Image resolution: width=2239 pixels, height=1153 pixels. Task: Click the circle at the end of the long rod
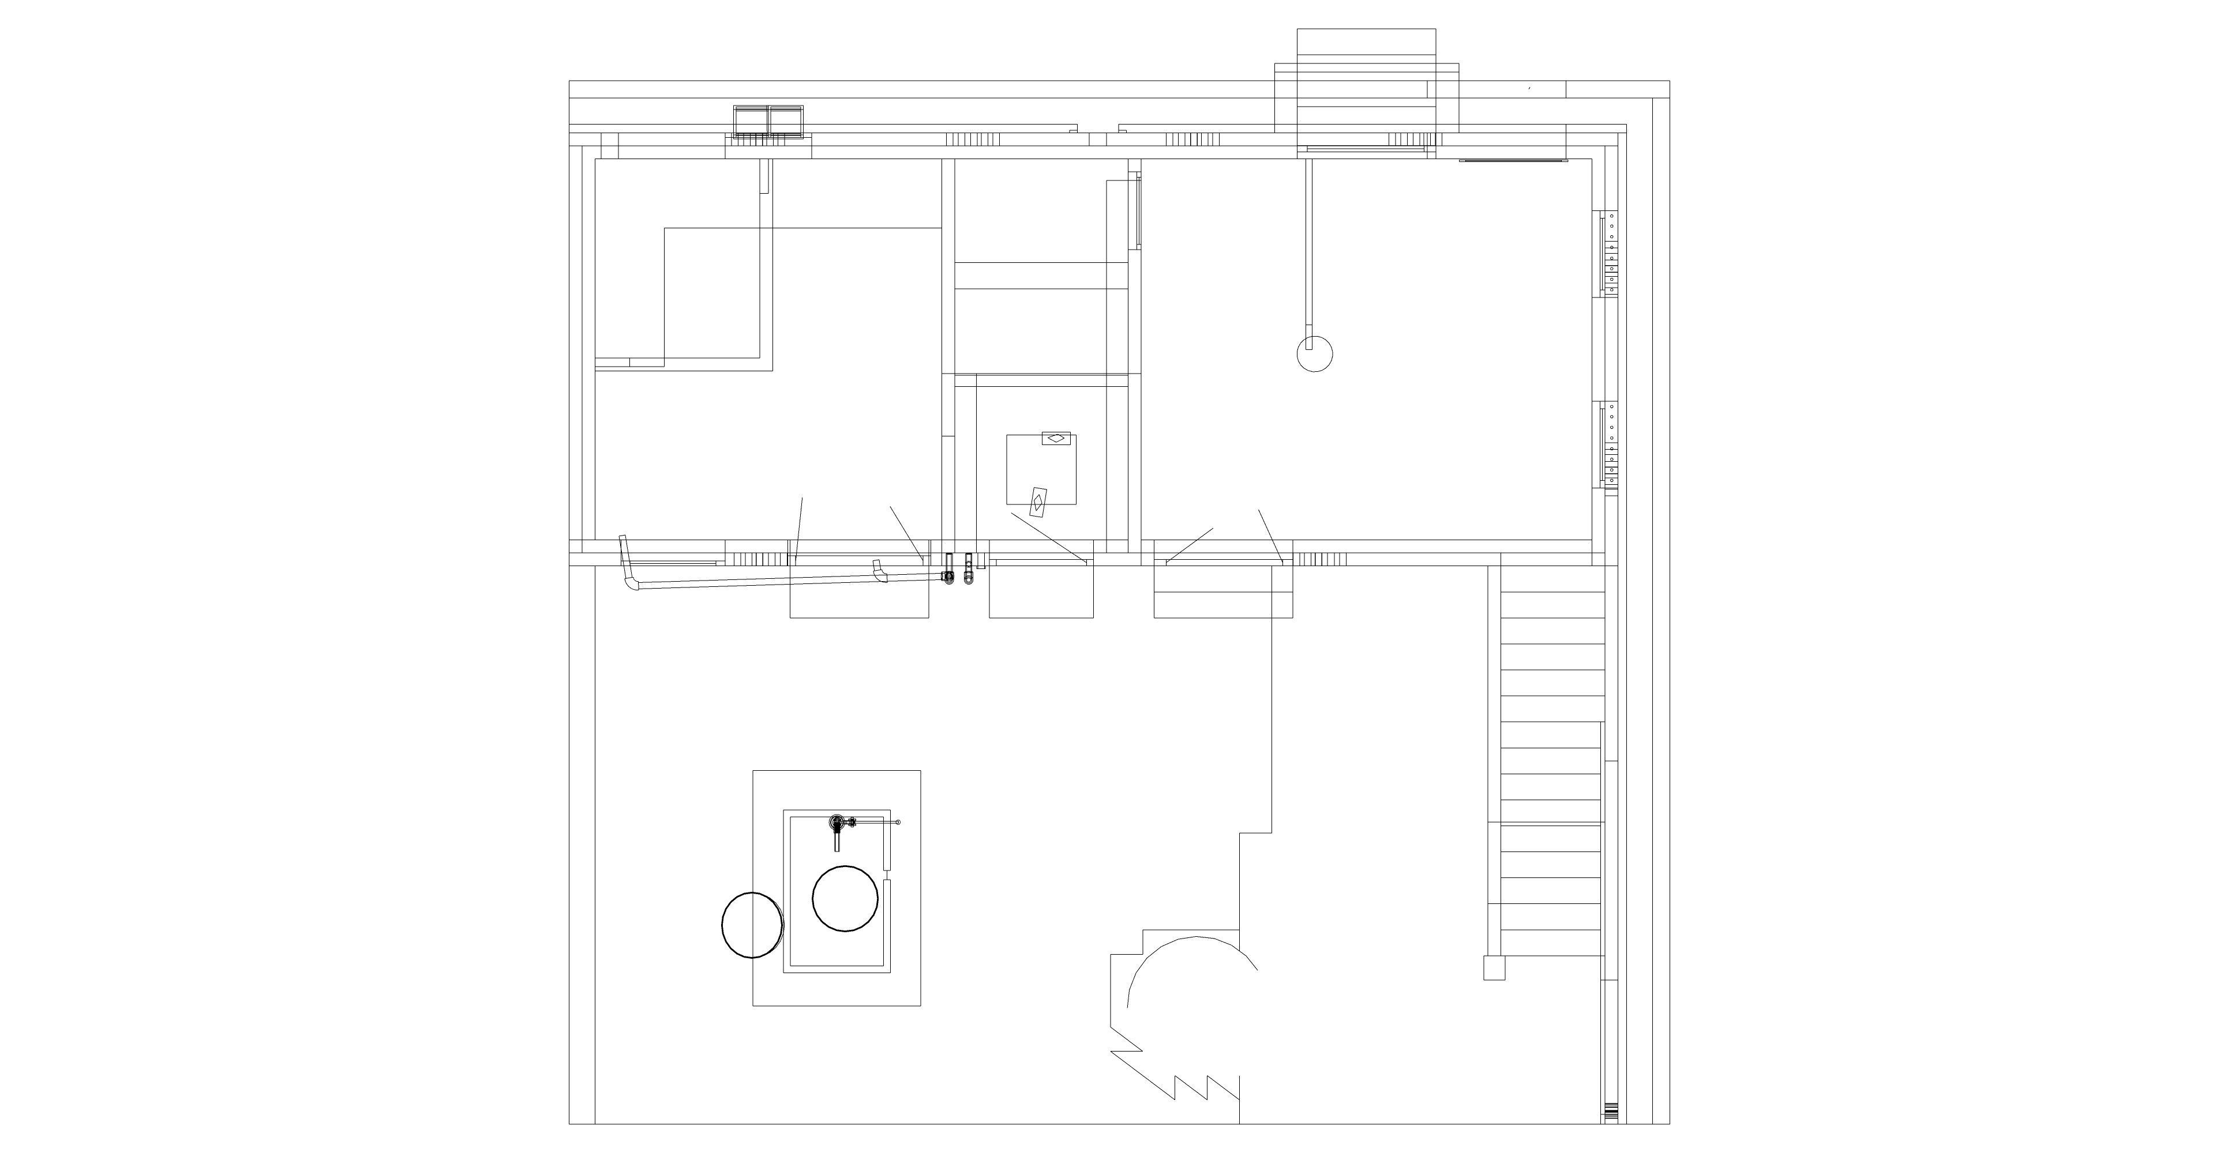coord(1314,353)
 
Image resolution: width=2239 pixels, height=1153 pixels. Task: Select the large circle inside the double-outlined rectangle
coord(845,898)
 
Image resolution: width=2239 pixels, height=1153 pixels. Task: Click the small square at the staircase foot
coord(1493,968)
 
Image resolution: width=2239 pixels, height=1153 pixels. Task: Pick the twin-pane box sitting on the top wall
coord(769,122)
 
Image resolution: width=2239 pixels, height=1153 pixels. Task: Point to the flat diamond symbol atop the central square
coord(1056,438)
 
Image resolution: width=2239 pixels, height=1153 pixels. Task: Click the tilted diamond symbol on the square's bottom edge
coord(1037,502)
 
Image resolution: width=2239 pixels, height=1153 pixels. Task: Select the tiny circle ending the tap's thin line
coord(898,822)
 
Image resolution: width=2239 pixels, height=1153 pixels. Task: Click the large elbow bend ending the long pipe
coord(630,577)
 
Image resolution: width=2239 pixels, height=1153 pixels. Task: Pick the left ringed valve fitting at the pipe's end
coord(949,576)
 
